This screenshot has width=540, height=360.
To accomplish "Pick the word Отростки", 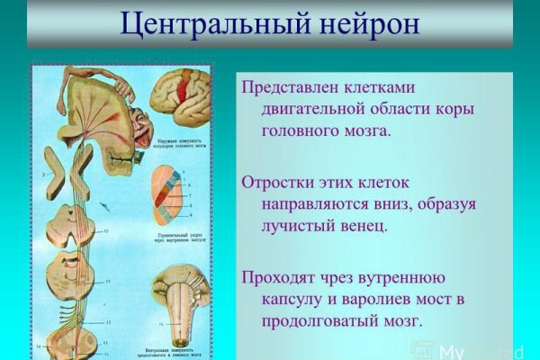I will point(280,180).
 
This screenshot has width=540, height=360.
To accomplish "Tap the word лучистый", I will point(301,226).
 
